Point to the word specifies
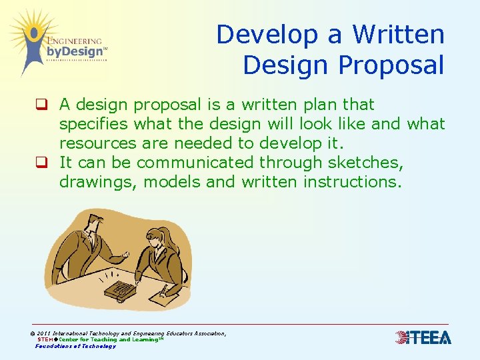point(94,124)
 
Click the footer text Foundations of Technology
point(75,346)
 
